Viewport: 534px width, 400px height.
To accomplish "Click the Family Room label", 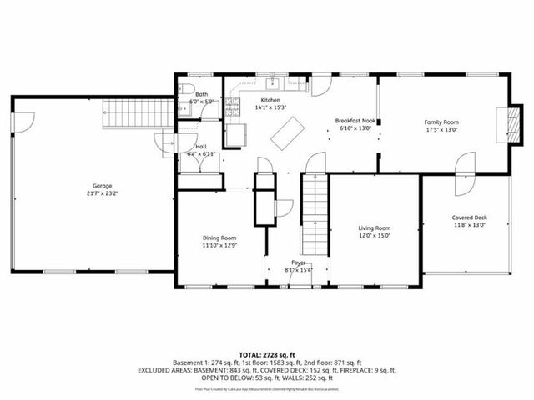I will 441,122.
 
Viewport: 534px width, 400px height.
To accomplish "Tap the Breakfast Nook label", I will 355,121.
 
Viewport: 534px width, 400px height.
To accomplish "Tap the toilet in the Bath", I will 187,88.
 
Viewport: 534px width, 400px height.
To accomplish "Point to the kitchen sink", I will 272,84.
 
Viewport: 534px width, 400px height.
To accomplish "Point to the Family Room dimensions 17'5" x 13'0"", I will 441,130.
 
